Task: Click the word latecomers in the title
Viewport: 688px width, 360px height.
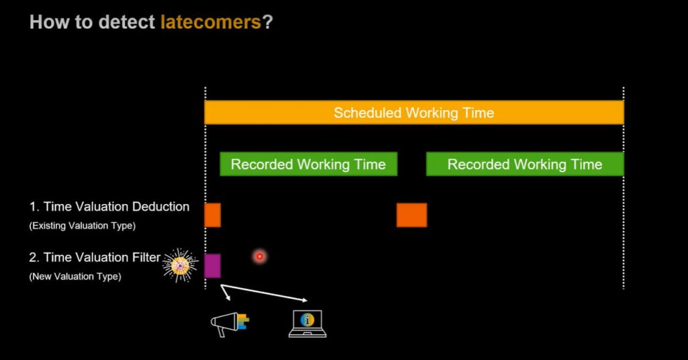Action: (x=210, y=22)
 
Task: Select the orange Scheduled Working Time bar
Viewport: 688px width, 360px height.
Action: (x=414, y=112)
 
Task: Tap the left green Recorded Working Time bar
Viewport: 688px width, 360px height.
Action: (x=308, y=164)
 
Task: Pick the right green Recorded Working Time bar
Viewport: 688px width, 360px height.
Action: (x=525, y=164)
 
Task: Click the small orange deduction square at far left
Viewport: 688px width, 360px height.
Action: (x=213, y=215)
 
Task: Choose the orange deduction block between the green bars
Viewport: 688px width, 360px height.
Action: (x=412, y=215)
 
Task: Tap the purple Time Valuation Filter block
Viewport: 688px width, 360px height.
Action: (x=213, y=266)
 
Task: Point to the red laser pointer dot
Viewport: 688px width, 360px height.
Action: (x=260, y=257)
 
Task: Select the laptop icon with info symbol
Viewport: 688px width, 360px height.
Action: (x=307, y=324)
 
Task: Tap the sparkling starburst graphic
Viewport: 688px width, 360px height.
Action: (x=180, y=265)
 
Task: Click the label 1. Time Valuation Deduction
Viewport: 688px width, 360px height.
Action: (x=110, y=206)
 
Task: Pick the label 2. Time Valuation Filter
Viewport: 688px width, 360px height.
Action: (x=95, y=257)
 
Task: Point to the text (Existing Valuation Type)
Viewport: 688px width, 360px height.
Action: (x=83, y=226)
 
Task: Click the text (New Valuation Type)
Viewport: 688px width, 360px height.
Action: (x=75, y=277)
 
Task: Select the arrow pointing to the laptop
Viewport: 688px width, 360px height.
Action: (x=264, y=293)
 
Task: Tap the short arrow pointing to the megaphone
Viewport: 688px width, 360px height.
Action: (x=226, y=292)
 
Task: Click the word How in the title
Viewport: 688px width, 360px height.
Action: (x=49, y=22)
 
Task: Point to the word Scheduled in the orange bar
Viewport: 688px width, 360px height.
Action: (x=368, y=113)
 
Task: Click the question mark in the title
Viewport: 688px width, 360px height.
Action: (x=267, y=22)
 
